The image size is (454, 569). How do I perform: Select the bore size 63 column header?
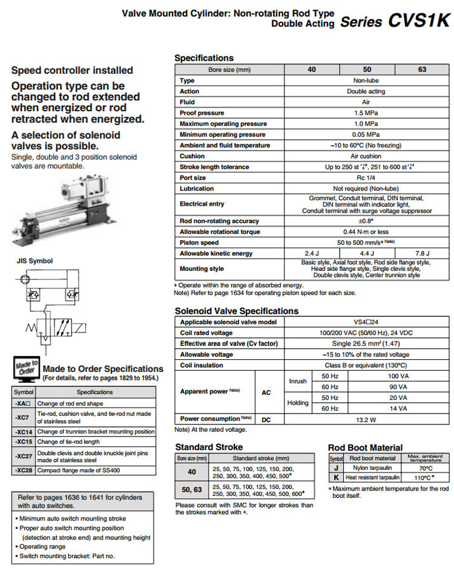[x=422, y=70]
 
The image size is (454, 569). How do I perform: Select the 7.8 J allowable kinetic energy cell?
[x=422, y=253]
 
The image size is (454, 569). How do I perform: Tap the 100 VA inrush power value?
[x=398, y=376]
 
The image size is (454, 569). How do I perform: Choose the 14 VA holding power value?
[x=398, y=408]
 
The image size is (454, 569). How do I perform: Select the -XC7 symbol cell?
[x=23, y=417]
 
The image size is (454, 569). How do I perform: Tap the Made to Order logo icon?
[x=25, y=369]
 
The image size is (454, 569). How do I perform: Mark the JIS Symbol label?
[x=35, y=261]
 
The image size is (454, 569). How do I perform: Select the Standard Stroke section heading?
[x=209, y=447]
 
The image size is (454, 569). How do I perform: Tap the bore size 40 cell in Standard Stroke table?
[x=191, y=472]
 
